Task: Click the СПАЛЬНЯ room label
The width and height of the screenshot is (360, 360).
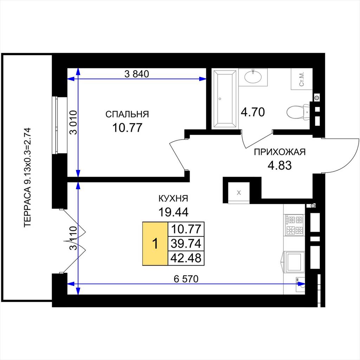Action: coord(127,114)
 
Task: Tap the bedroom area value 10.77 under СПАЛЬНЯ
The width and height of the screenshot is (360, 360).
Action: coord(127,128)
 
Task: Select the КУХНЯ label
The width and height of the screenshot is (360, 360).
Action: coord(173,198)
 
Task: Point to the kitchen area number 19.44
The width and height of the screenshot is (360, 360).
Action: coord(173,212)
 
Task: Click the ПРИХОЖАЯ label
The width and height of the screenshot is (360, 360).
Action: coord(279,152)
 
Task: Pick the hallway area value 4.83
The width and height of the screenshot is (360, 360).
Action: coord(279,165)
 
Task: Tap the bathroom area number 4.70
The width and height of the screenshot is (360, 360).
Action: coord(252,112)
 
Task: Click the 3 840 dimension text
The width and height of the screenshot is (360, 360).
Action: coord(137,74)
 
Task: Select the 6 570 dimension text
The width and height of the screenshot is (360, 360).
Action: coord(186,279)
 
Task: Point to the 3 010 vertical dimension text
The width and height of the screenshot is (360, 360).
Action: coord(74,122)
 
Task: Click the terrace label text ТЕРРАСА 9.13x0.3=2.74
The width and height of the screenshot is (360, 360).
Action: coord(27,178)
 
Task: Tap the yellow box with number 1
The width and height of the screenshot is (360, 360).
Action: coord(155,244)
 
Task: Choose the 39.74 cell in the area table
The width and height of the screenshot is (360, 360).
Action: coord(186,244)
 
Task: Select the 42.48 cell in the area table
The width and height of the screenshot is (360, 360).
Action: coord(186,258)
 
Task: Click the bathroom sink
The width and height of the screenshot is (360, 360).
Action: coord(253,76)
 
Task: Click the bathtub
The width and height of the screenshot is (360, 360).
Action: coord(225,99)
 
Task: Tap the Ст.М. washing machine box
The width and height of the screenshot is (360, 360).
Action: coord(302,79)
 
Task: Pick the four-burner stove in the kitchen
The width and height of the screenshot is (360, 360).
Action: coord(294,225)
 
